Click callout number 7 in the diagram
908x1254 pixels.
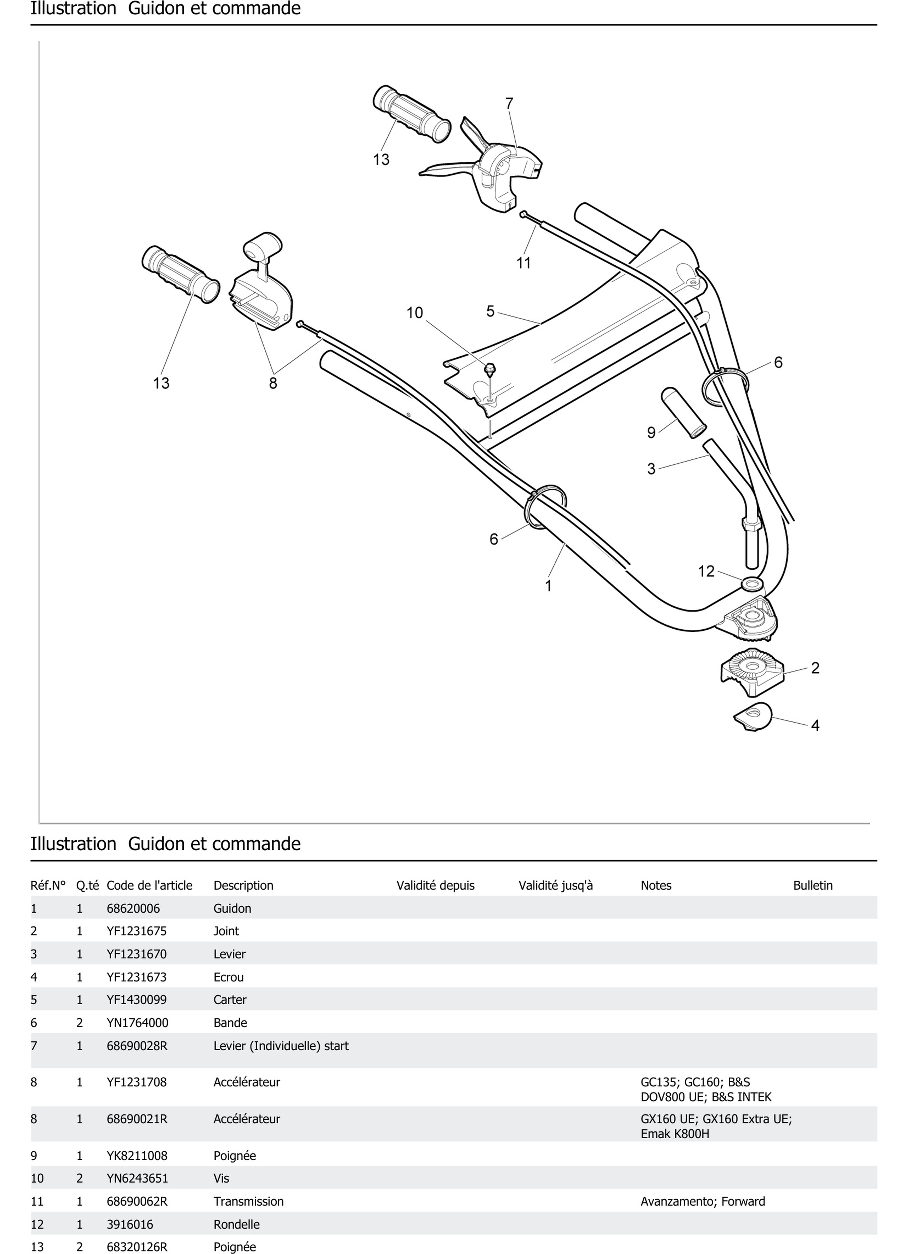509,103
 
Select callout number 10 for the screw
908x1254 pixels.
414,313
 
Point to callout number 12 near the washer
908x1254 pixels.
706,571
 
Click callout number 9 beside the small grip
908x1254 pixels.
651,432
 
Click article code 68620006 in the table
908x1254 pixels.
133,908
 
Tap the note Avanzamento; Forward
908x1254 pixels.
702,1202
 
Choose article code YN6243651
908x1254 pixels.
137,1178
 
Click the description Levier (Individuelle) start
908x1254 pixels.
281,1045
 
